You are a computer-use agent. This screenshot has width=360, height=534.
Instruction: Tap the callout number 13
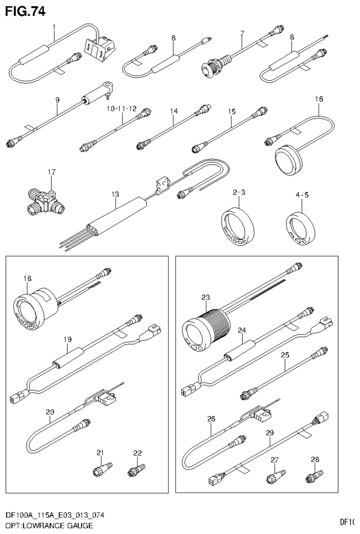point(115,193)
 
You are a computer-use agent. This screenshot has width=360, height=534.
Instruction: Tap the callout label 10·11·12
point(121,108)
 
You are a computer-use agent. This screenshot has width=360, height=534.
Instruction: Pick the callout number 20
point(50,412)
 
